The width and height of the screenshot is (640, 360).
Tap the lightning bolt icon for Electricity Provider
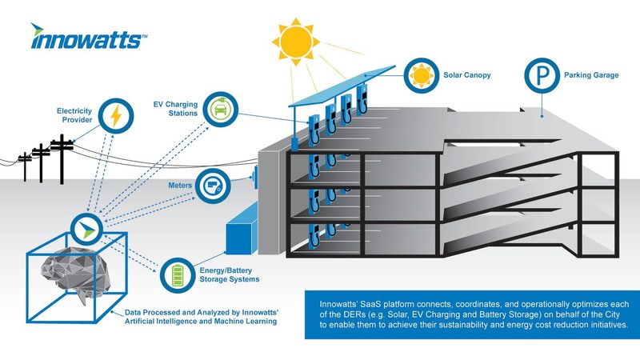pyautogui.click(x=116, y=115)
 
